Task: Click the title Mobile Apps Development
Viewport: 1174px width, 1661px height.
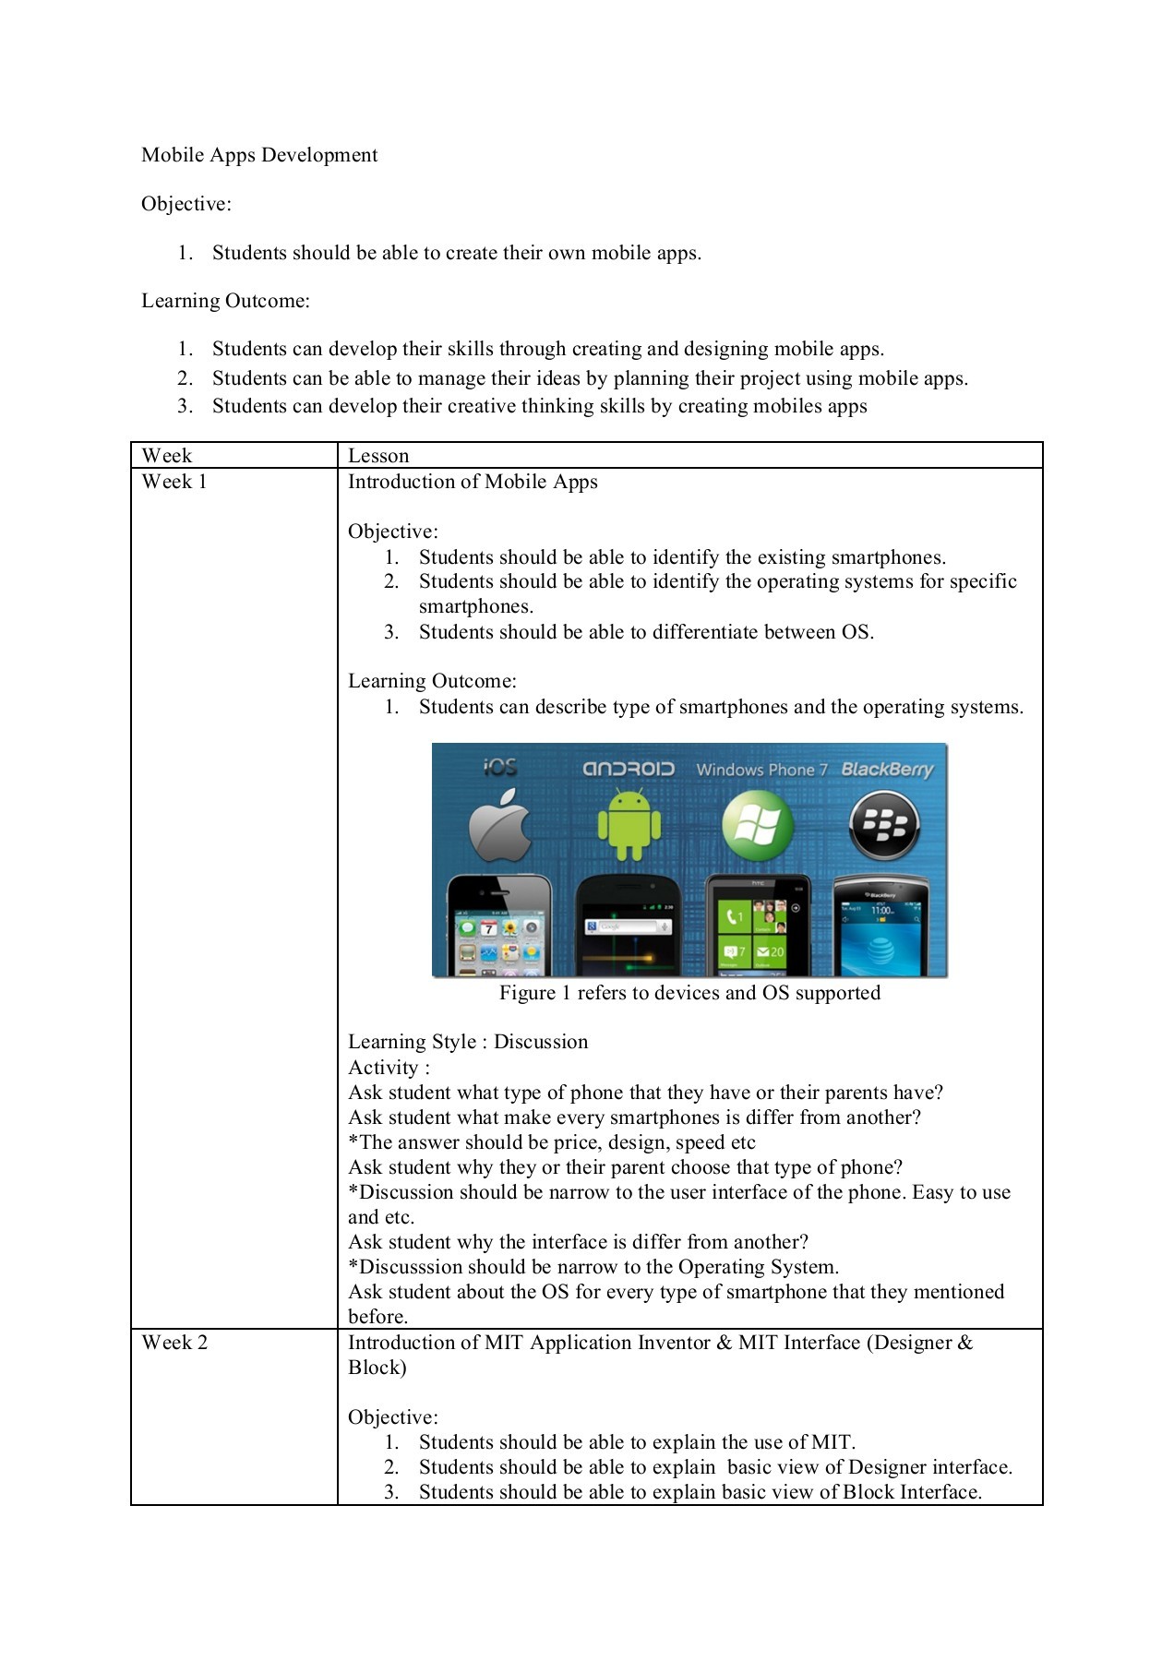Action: (x=259, y=155)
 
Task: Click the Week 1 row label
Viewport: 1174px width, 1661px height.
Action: (x=174, y=482)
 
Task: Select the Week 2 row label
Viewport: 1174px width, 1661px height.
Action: (x=174, y=1343)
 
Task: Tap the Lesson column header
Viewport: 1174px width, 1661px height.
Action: (x=378, y=456)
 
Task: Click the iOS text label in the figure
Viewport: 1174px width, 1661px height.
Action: (x=500, y=767)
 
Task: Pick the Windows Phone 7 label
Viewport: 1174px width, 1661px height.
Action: (x=761, y=770)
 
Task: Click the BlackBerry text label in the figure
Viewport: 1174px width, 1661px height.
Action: (x=887, y=770)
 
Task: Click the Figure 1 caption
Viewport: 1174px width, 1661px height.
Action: (x=689, y=993)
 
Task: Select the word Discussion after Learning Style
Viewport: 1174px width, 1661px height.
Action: (x=541, y=1042)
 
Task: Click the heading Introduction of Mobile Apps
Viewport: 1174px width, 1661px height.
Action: (x=473, y=482)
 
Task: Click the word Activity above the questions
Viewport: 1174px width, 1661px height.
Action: (x=383, y=1068)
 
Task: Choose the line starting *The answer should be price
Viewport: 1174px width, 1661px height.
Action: (x=552, y=1142)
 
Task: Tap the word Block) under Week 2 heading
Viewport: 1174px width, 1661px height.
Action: (x=377, y=1368)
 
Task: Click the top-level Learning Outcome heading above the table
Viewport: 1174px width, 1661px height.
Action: (x=225, y=301)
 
